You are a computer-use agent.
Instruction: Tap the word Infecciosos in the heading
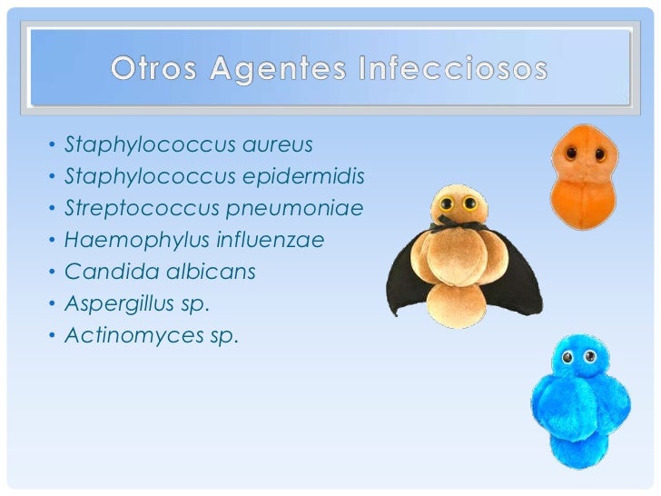[459, 68]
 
